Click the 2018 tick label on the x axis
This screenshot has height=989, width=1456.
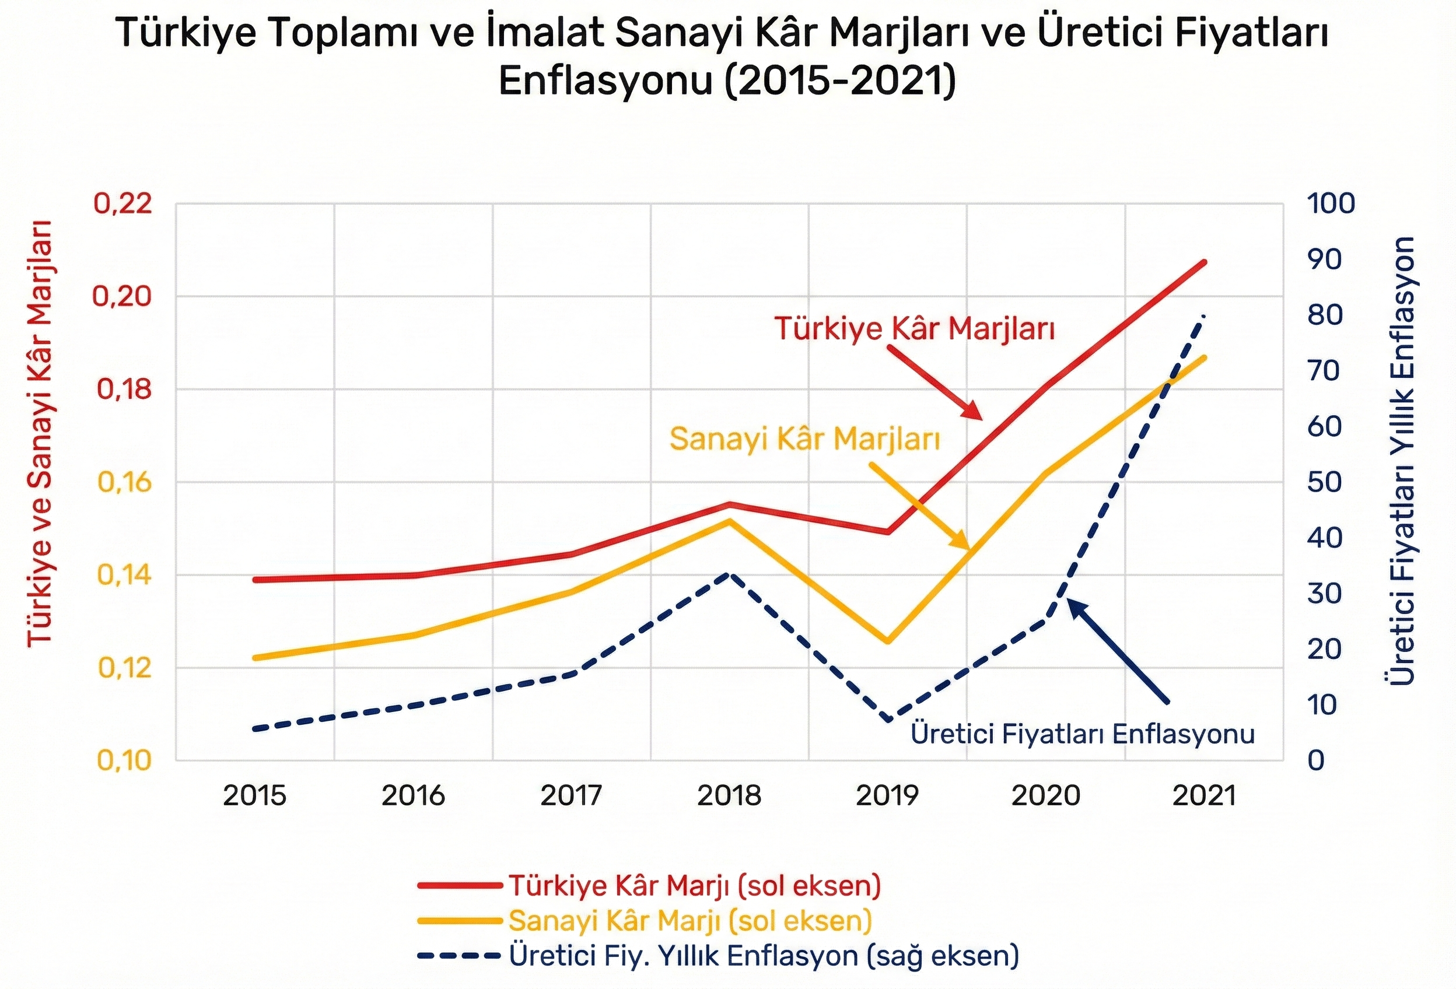tap(729, 796)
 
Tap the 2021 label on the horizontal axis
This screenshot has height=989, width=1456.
tap(1203, 796)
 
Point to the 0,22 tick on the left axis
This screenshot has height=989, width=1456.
tap(123, 204)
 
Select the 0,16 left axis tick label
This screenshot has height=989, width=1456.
tap(125, 482)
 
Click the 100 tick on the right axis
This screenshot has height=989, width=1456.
tap(1331, 204)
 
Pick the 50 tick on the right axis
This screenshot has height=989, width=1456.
tap(1324, 482)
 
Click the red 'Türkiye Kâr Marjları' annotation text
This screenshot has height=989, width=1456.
tap(915, 329)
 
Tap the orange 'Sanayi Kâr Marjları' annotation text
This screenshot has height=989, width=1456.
tap(804, 439)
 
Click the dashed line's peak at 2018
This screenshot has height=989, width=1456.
tap(728, 574)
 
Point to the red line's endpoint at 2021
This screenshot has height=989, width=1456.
tap(1203, 262)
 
